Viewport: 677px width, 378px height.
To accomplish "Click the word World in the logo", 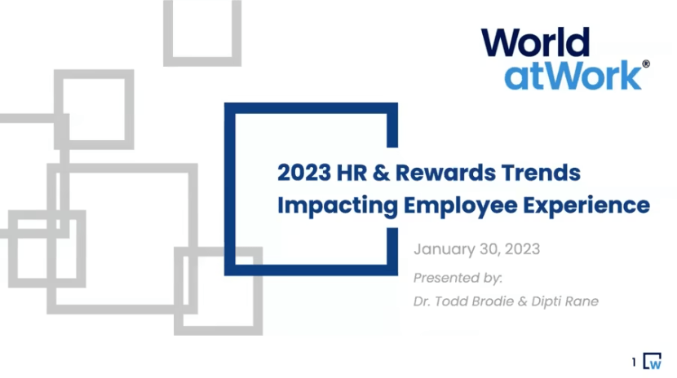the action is [x=535, y=42].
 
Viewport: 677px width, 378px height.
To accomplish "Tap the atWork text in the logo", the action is [x=573, y=76].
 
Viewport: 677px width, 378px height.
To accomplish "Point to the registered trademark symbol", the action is [x=646, y=64].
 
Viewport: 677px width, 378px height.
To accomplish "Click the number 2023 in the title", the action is [x=304, y=173].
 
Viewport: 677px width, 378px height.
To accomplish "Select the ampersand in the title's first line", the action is [x=381, y=173].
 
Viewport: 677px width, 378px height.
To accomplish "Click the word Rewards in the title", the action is [x=445, y=173].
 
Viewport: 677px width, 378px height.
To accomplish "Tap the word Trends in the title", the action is [x=541, y=173].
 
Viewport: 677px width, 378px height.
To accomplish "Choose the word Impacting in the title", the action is [x=338, y=205].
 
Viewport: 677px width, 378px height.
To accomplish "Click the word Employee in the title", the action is [x=460, y=205].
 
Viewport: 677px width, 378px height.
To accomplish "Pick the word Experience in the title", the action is [x=586, y=205].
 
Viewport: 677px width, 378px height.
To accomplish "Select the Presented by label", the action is [x=458, y=278].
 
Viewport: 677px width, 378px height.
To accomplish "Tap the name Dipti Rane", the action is [x=564, y=301].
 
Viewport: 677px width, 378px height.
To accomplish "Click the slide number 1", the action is [x=634, y=363].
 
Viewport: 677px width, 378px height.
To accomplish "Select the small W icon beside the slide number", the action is [x=652, y=361].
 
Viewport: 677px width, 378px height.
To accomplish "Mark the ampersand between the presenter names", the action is [x=522, y=301].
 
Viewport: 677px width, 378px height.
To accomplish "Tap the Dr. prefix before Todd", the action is [x=422, y=301].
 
